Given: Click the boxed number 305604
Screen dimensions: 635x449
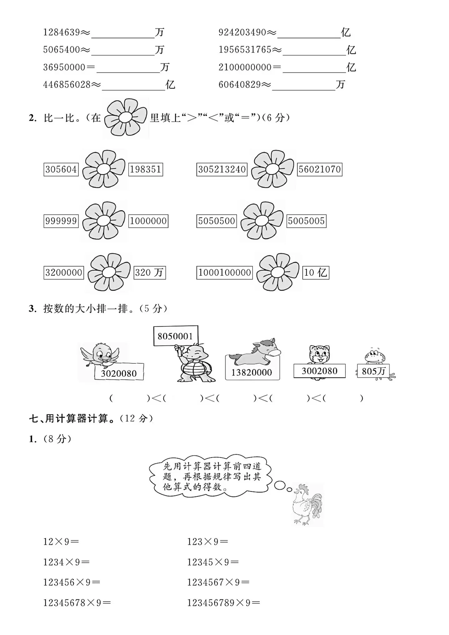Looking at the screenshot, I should (x=61, y=170).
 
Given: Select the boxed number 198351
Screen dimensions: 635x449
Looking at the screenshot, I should (x=146, y=170).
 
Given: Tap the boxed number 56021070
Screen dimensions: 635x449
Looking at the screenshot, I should (x=319, y=170).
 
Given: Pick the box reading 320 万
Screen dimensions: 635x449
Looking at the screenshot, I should (x=149, y=273).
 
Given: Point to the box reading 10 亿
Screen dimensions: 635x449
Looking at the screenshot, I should (x=315, y=273).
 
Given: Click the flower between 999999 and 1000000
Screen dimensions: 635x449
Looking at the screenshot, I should (x=103, y=221).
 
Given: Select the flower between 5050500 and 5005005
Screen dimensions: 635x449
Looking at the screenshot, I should (x=262, y=221).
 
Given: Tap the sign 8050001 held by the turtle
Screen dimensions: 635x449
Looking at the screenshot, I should (x=175, y=336).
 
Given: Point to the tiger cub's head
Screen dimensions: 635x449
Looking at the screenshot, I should (x=319, y=354).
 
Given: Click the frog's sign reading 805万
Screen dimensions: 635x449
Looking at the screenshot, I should (x=373, y=371).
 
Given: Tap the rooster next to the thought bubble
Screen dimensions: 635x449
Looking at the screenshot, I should (x=307, y=504).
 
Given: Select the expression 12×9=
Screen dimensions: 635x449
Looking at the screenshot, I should (x=61, y=542).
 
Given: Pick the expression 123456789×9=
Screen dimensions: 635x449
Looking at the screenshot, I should (x=224, y=603).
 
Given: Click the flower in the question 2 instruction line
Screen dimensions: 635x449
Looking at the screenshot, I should (x=126, y=118).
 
